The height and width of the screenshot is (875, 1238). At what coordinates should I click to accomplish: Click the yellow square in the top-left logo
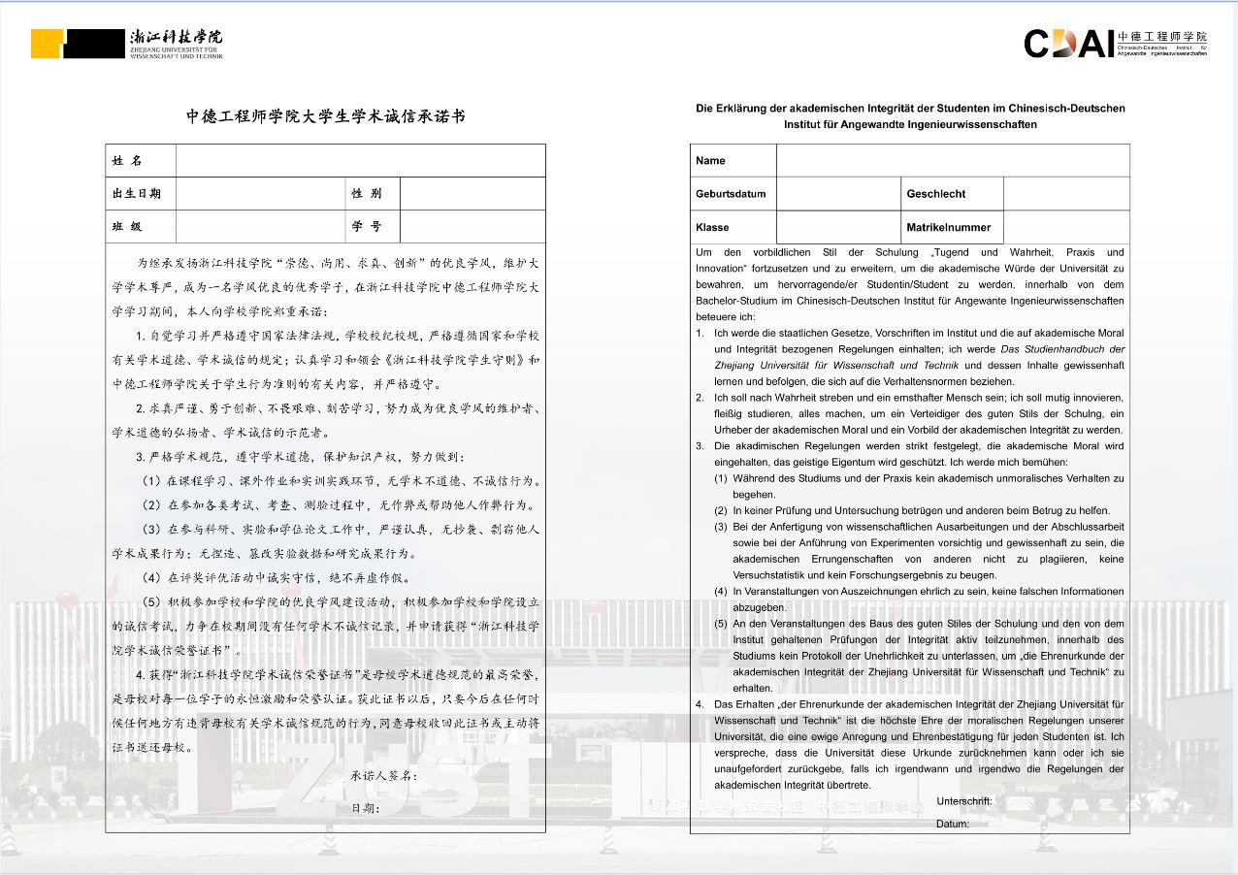pos(46,44)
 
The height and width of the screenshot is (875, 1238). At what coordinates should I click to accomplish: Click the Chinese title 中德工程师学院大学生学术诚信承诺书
pos(326,116)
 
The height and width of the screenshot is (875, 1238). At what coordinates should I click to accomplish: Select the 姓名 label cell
pos(127,161)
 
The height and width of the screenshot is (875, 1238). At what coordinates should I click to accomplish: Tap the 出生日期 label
pos(137,194)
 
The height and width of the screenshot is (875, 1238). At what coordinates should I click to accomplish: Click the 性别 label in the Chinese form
pos(367,194)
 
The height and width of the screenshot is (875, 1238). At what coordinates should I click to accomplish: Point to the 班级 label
pos(127,227)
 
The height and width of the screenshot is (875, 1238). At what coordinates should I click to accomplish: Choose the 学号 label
pos(367,227)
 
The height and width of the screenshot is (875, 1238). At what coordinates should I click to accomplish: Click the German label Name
pos(710,161)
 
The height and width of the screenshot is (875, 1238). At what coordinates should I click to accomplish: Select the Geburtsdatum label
pos(731,194)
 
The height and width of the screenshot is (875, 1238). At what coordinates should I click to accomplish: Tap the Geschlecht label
pos(935,194)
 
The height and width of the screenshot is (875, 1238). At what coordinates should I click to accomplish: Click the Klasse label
pos(712,228)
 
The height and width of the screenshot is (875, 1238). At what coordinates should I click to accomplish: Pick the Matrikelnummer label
pos(948,228)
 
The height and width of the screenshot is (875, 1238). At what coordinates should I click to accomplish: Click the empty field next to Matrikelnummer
pos(1066,227)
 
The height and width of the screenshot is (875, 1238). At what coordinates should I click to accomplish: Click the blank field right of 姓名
pos(360,161)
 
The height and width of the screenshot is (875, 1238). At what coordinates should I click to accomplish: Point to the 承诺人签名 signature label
pos(384,776)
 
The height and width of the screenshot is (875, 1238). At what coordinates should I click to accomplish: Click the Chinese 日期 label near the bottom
pos(365,807)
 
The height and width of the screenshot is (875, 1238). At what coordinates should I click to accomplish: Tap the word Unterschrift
pos(964,801)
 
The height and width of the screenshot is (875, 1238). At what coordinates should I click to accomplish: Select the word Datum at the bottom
pos(952,824)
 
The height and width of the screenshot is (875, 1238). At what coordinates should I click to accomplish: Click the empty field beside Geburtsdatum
pos(837,194)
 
